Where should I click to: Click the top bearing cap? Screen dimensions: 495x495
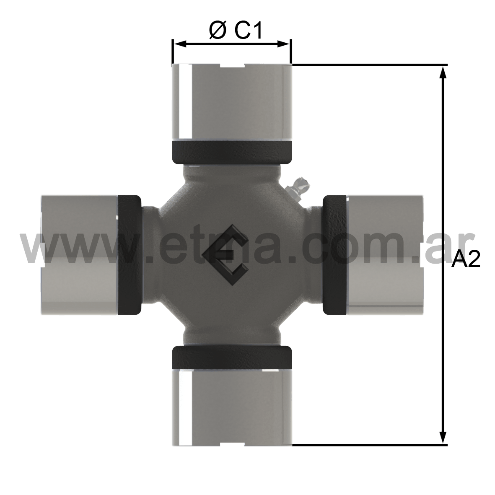pos(231,102)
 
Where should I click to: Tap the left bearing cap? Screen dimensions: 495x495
pos(80,255)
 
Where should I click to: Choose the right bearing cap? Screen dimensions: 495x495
pos(384,255)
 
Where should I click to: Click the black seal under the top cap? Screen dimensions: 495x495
pos(231,153)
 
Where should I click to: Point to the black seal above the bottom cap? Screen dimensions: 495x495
pos(231,358)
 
